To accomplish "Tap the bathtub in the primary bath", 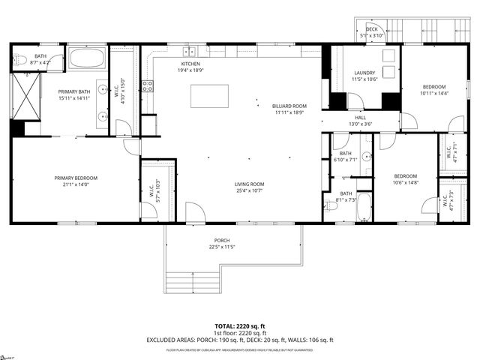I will point(87,58).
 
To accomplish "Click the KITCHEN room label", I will point(190,64).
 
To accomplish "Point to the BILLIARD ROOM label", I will point(289,106).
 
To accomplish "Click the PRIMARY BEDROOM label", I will point(76,178).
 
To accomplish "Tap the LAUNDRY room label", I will point(364,73).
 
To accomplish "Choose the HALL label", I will point(361,118).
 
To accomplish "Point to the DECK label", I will point(371,29).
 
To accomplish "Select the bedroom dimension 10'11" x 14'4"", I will point(433,93).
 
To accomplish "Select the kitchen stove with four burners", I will point(148,85).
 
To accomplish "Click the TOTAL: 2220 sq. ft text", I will point(240,326).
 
